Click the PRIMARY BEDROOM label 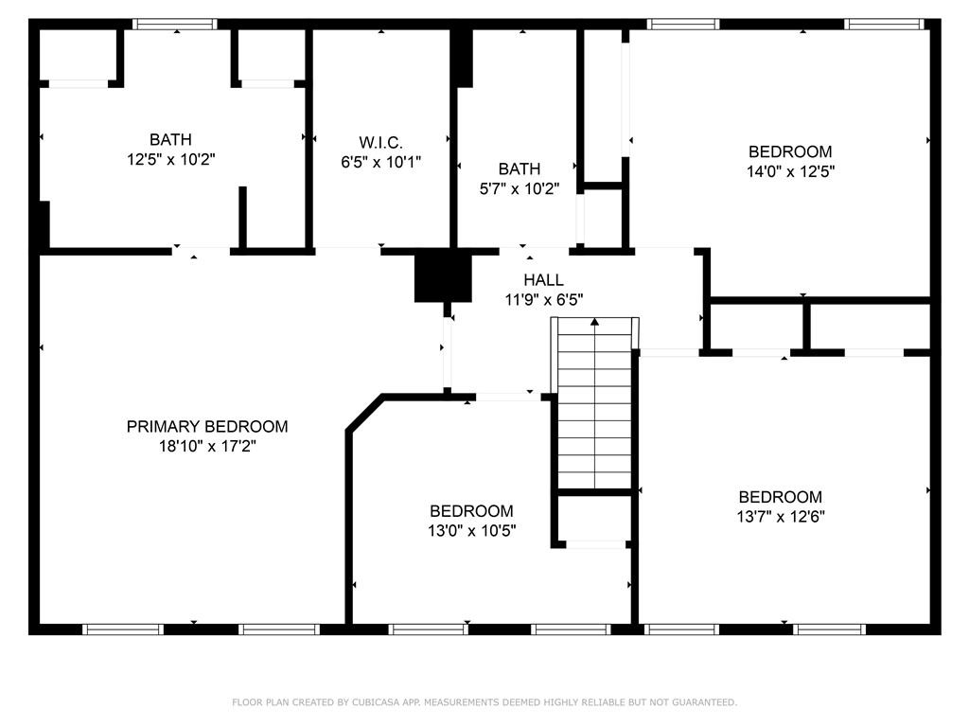(x=207, y=427)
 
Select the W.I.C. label (x=380, y=142)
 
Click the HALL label (x=543, y=280)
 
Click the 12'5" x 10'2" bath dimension (x=171, y=160)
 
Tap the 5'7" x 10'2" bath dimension (x=520, y=188)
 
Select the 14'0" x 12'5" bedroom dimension (x=790, y=171)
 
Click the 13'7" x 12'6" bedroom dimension (x=781, y=517)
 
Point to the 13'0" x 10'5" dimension (x=471, y=531)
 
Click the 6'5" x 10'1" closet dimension (x=380, y=162)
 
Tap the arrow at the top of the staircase (x=595, y=324)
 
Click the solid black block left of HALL (x=442, y=278)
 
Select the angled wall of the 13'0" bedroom (x=365, y=415)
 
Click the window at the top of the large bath (x=175, y=25)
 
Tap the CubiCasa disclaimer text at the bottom (x=484, y=702)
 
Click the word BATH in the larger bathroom (x=171, y=140)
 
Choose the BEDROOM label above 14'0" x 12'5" (x=790, y=151)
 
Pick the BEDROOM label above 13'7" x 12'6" (x=781, y=497)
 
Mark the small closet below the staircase (x=593, y=518)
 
